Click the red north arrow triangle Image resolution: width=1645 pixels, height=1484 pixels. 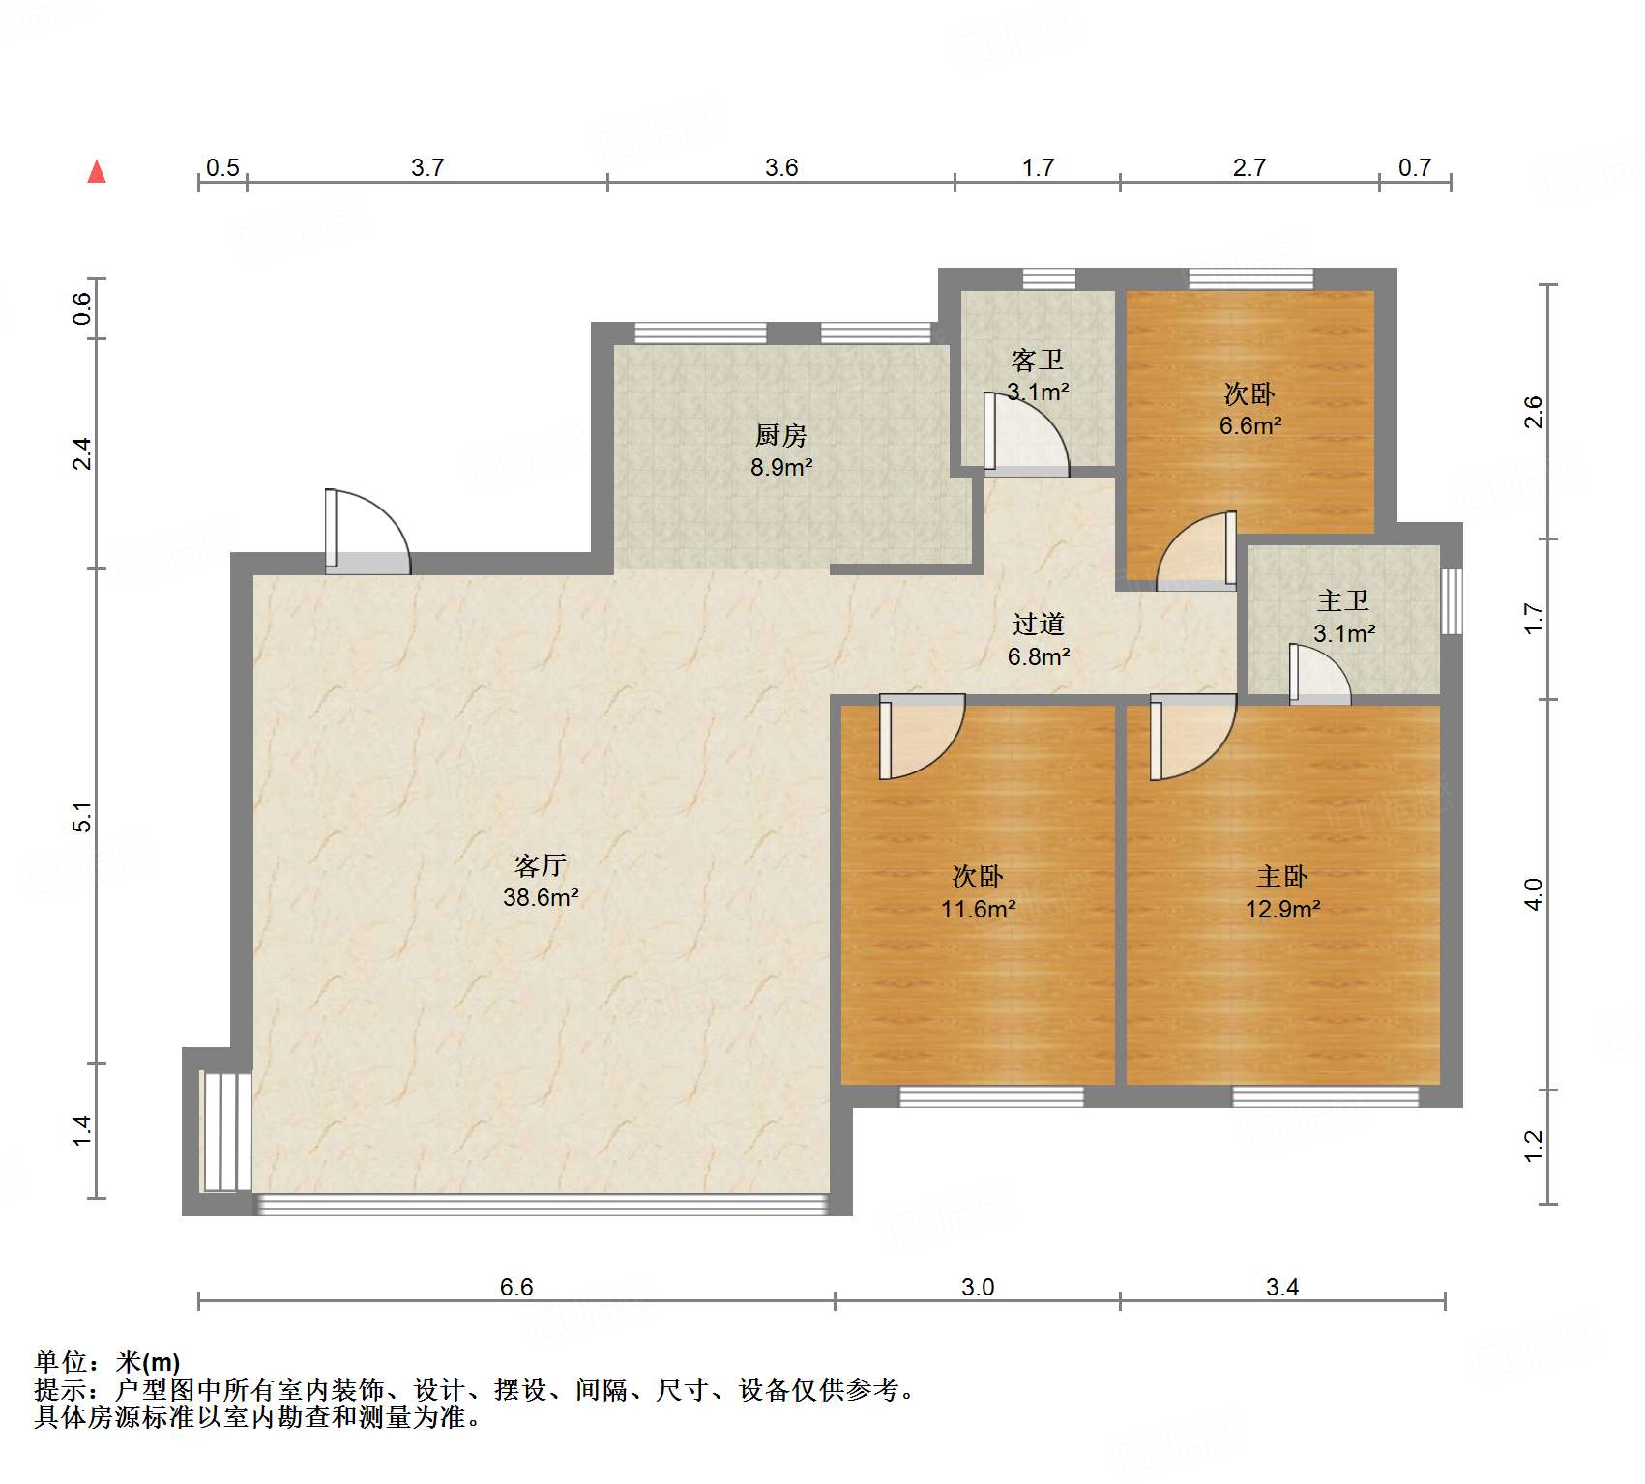pyautogui.click(x=97, y=172)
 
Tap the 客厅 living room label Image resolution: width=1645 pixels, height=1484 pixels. pyautogui.click(x=540, y=864)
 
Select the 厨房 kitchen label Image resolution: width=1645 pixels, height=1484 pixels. pyautogui.click(x=780, y=435)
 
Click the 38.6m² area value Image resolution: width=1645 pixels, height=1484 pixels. pyautogui.click(x=541, y=897)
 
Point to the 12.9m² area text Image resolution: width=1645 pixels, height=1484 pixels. pyautogui.click(x=1282, y=909)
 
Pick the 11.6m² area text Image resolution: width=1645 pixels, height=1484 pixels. pyautogui.click(x=978, y=909)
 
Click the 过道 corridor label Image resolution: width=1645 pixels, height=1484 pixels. pyautogui.click(x=1038, y=624)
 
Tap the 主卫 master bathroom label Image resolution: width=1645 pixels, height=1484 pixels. pyautogui.click(x=1343, y=600)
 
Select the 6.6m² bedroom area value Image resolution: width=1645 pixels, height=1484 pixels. pyautogui.click(x=1249, y=425)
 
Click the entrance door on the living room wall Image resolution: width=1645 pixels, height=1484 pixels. pyautogui.click(x=367, y=532)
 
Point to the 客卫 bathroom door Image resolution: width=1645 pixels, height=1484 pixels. pyautogui.click(x=1026, y=434)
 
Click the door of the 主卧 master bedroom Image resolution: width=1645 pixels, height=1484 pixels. pyautogui.click(x=1193, y=737)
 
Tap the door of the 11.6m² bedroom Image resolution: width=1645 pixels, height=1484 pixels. pyautogui.click(x=922, y=737)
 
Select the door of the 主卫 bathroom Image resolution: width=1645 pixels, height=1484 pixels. pyautogui.click(x=1320, y=675)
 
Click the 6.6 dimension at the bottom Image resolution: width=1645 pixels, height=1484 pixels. pyautogui.click(x=516, y=1287)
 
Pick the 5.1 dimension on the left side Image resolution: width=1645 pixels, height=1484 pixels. pyautogui.click(x=83, y=817)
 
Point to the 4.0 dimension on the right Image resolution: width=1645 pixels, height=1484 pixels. pyautogui.click(x=1533, y=894)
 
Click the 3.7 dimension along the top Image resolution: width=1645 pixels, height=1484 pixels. pyautogui.click(x=427, y=167)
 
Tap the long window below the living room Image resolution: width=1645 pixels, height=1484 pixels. pyautogui.click(x=542, y=1205)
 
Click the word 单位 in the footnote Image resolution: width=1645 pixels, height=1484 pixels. pyautogui.click(x=61, y=1362)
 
